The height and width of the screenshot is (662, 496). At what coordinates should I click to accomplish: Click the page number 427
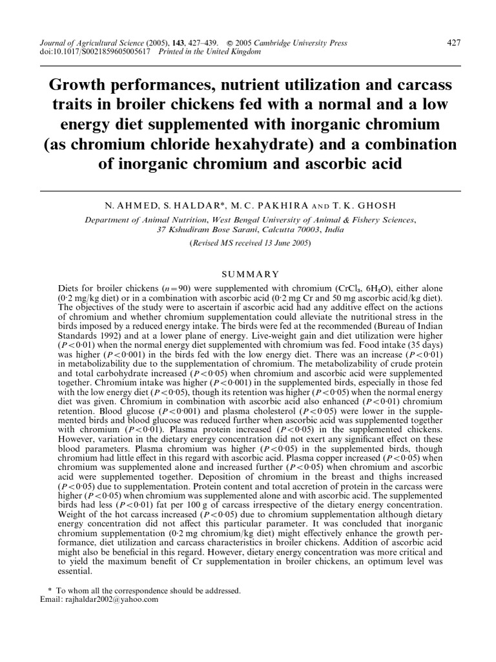point(453,43)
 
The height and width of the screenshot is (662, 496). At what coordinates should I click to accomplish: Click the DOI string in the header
point(93,52)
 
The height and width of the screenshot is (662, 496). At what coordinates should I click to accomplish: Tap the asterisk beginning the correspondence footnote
point(50,590)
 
